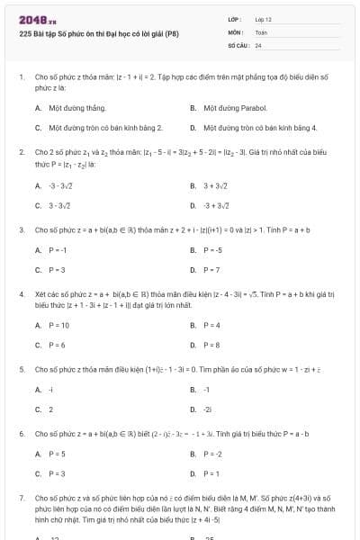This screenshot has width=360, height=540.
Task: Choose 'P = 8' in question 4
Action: pos(211,345)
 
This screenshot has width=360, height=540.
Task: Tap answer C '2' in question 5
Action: pos(51,409)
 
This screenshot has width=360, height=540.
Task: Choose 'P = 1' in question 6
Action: pos(211,473)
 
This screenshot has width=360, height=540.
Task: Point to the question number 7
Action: pos(21,497)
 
